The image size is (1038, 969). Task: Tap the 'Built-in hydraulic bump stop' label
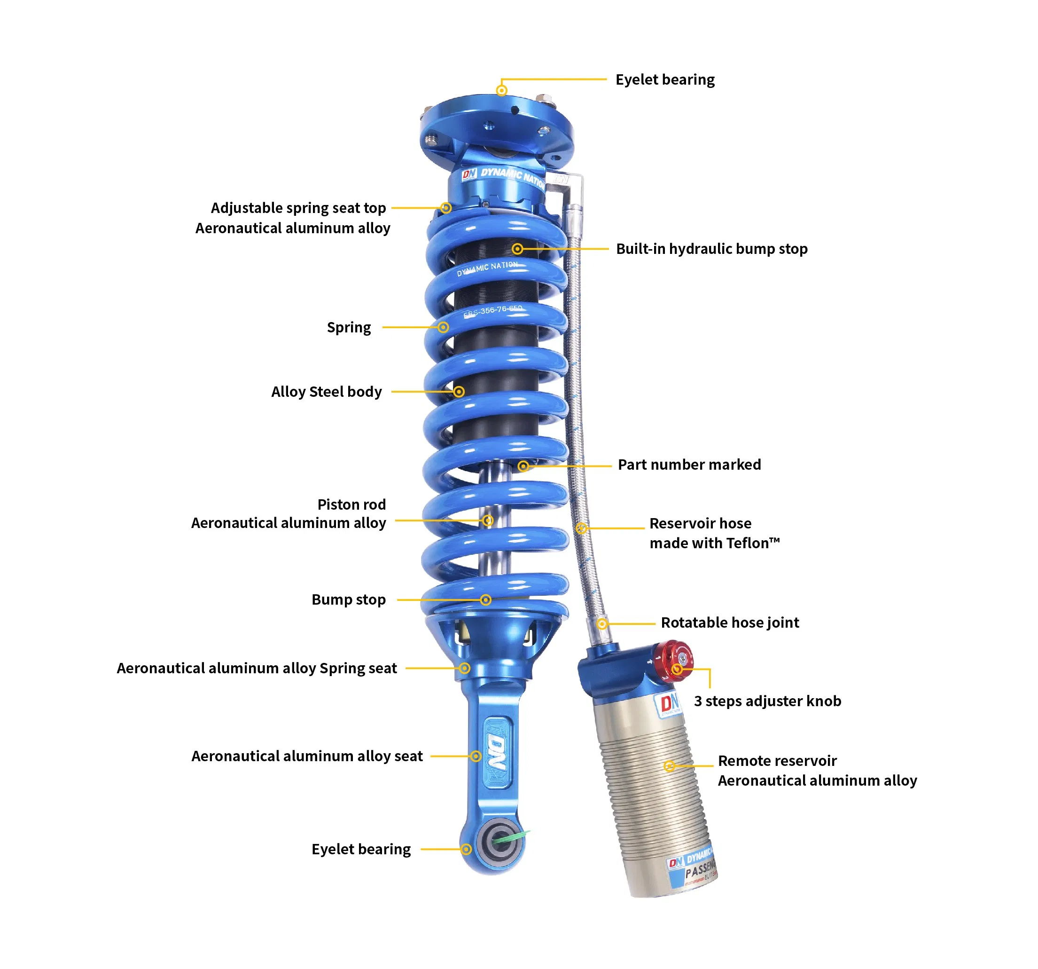click(711, 249)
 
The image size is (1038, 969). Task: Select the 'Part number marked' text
click(689, 465)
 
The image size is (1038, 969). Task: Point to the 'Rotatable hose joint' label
click(729, 622)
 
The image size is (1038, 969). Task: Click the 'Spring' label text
click(349, 328)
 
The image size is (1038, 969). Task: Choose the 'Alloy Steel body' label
click(326, 392)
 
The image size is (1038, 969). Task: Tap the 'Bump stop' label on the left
click(348, 599)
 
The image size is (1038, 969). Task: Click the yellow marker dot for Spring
click(443, 328)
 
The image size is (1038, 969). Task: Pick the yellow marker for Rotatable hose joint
click(602, 624)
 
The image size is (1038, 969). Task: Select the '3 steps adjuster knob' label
click(767, 701)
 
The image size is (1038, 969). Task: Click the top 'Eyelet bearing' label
click(665, 79)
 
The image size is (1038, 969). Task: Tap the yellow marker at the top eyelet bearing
click(501, 91)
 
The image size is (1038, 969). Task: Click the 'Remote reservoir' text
click(777, 761)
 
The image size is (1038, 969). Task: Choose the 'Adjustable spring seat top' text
click(298, 208)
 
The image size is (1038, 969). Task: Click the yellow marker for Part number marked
click(523, 466)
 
